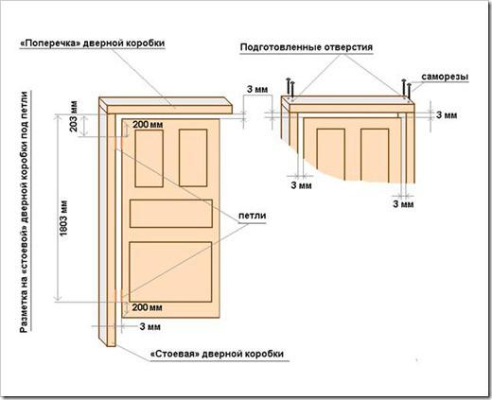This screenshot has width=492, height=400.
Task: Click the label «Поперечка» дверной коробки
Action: (x=93, y=43)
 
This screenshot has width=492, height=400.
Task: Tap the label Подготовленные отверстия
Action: (x=307, y=47)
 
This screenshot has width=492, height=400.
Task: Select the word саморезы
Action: (x=445, y=77)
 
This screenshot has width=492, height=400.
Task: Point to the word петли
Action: (x=253, y=216)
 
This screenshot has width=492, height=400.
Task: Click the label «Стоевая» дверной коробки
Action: (x=218, y=354)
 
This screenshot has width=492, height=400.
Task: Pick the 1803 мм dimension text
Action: (x=63, y=217)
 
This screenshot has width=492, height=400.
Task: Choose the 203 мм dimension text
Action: (x=73, y=116)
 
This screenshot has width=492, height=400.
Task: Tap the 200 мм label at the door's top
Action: (x=148, y=125)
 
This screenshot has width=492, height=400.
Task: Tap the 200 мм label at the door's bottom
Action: (x=147, y=307)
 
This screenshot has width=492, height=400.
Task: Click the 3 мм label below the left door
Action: (x=150, y=326)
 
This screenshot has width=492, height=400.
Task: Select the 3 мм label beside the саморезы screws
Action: (x=447, y=115)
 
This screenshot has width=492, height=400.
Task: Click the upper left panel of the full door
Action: (x=149, y=158)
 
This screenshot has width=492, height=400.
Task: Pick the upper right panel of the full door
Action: (x=193, y=158)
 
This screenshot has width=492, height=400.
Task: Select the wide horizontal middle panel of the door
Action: (x=171, y=214)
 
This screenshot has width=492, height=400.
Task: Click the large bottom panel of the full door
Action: (x=170, y=272)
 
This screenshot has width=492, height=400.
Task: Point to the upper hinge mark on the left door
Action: (x=118, y=143)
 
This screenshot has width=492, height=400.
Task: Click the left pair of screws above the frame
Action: (x=290, y=88)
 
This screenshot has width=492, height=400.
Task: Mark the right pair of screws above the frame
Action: (x=406, y=89)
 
